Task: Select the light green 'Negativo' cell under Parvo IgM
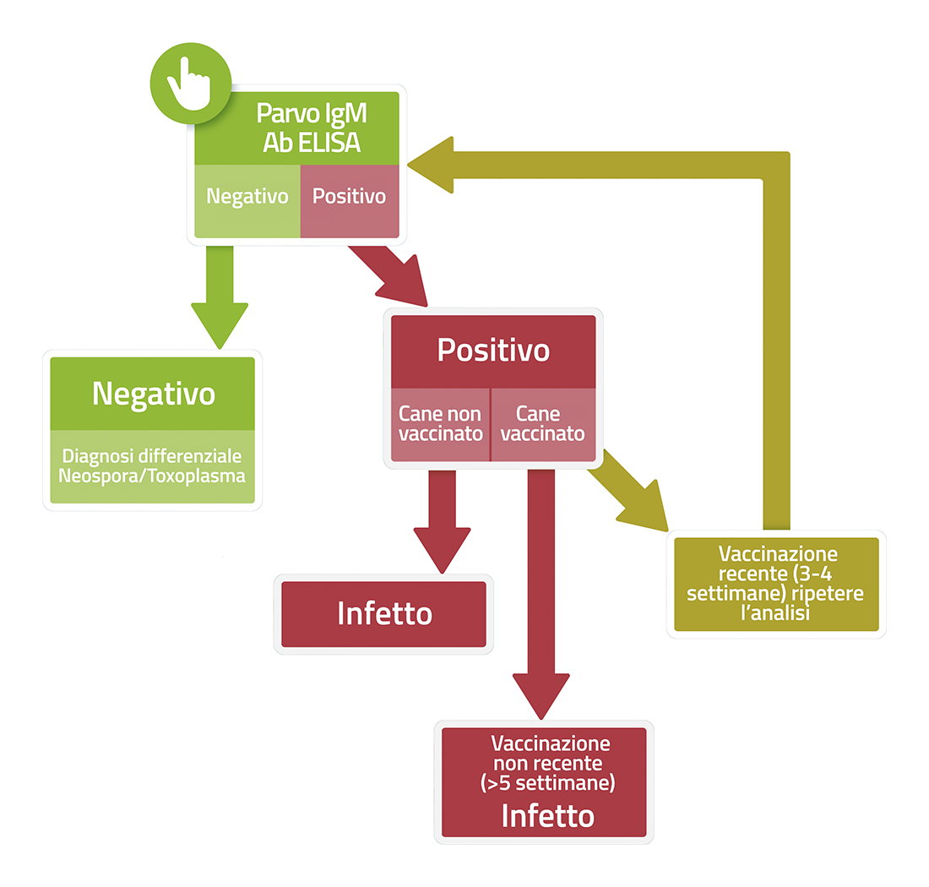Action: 247,197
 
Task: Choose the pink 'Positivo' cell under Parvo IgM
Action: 349,197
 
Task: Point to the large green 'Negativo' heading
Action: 153,394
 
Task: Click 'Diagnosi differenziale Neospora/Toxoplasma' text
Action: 153,465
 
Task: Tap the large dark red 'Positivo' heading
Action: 493,351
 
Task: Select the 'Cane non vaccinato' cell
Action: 440,424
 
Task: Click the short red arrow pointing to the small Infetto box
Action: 442,524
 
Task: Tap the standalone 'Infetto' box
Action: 384,613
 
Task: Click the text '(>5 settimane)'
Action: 547,783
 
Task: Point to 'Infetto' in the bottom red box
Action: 547,816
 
